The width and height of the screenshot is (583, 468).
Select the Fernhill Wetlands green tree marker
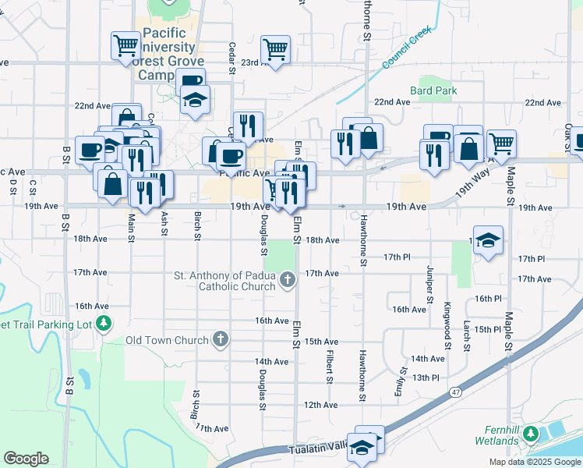click(x=531, y=433)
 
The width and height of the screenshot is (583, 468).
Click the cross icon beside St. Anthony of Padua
click(x=287, y=278)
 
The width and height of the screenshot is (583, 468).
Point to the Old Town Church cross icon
click(x=221, y=340)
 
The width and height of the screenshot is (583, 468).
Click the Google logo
click(x=26, y=459)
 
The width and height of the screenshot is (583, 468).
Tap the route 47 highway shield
click(x=454, y=396)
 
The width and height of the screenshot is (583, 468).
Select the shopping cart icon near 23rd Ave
click(x=275, y=49)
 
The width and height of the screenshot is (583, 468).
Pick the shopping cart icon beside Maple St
click(x=502, y=143)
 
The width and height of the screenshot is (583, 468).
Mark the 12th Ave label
click(x=321, y=405)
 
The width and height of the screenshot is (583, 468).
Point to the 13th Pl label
click(x=426, y=378)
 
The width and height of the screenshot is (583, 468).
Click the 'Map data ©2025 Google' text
click(x=534, y=462)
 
